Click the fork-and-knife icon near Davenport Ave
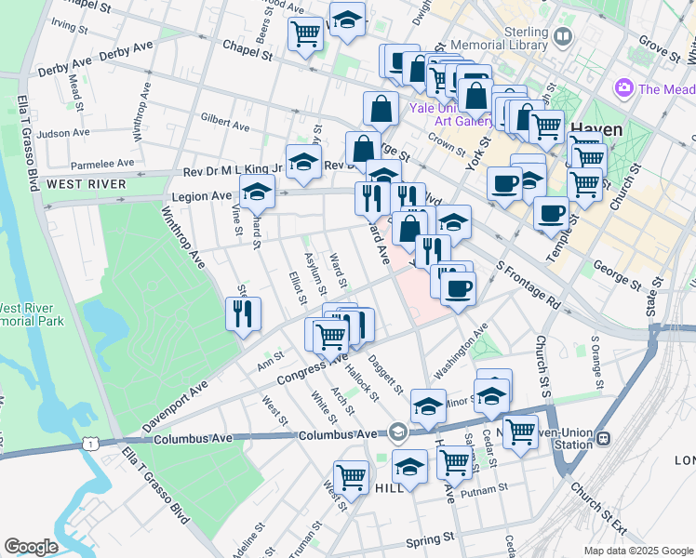click(x=243, y=313)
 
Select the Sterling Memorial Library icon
click(x=562, y=37)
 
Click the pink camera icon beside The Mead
click(x=623, y=89)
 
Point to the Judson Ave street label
click(x=64, y=134)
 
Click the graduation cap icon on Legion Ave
click(x=257, y=193)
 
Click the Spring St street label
click(x=427, y=538)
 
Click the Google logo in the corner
click(x=31, y=547)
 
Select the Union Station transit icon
click(x=603, y=438)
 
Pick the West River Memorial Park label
click(x=32, y=314)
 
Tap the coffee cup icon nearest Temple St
click(x=551, y=213)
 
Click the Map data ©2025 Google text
click(x=637, y=551)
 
